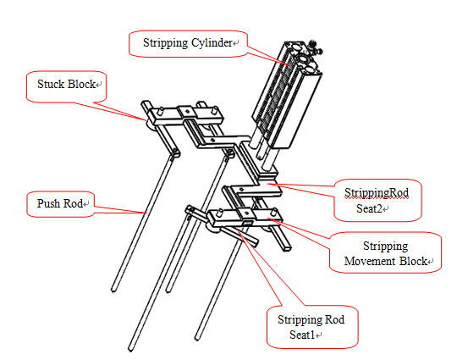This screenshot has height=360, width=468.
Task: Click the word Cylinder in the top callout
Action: click(x=212, y=43)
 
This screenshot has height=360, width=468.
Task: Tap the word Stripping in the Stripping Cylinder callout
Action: click(x=165, y=43)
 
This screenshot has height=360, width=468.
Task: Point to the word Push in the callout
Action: click(x=48, y=203)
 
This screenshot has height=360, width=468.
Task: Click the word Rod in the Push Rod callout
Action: click(x=73, y=203)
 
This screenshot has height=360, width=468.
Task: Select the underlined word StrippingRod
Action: click(x=377, y=193)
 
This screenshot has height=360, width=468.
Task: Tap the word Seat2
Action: click(x=369, y=208)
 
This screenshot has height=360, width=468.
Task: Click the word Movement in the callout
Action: click(x=370, y=262)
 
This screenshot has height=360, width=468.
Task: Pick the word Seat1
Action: click(x=302, y=335)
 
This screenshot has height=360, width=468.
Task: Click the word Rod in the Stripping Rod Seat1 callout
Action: click(x=334, y=319)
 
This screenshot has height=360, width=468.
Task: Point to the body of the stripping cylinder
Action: click(x=287, y=96)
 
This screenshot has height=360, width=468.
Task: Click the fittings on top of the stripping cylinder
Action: click(x=316, y=47)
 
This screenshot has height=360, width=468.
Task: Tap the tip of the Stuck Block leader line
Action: click(x=145, y=119)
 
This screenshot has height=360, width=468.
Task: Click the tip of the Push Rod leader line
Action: click(x=146, y=213)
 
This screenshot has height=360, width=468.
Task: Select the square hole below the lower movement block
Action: click(x=247, y=223)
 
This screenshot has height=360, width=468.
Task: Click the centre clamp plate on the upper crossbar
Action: click(x=187, y=112)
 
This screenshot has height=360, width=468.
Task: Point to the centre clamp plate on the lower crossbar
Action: click(x=246, y=213)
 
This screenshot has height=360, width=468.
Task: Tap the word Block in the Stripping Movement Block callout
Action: click(x=413, y=262)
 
